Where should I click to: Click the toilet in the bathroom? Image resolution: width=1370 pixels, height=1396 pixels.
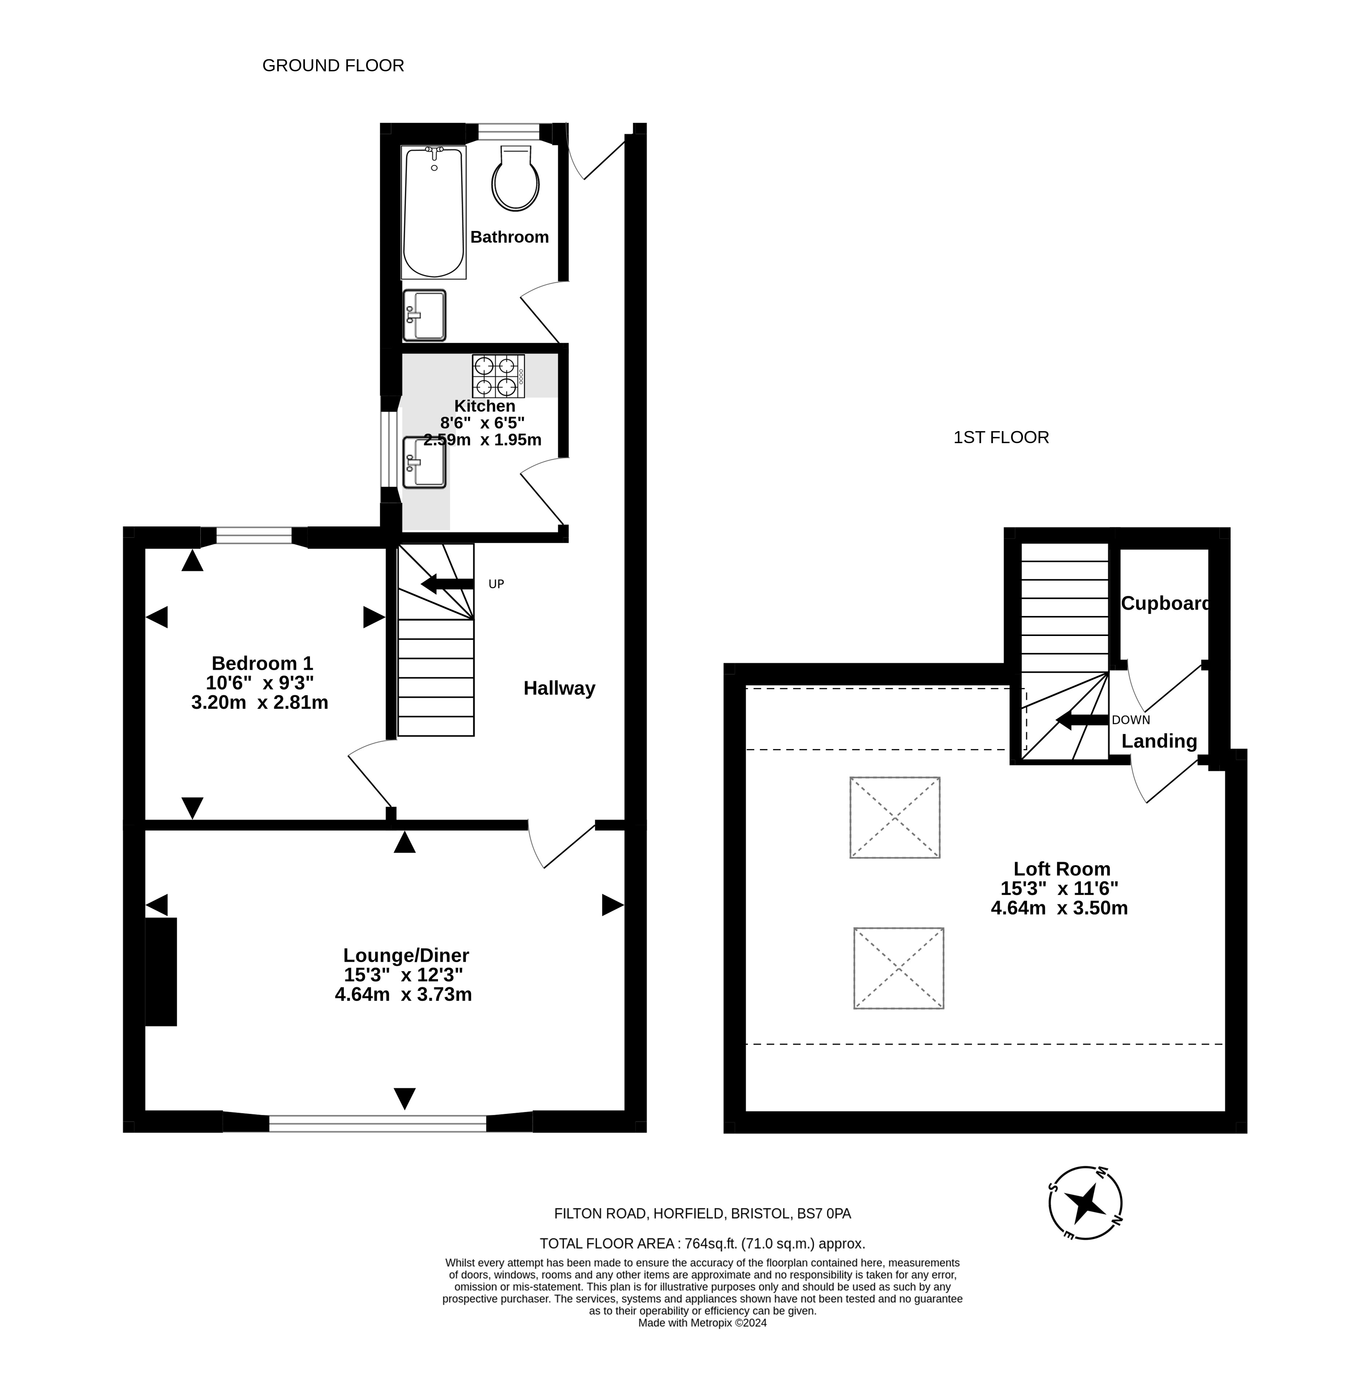click(x=516, y=179)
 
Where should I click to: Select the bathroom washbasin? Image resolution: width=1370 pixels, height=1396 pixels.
click(x=425, y=315)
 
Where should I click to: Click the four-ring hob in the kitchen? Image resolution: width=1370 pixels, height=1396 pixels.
click(x=498, y=375)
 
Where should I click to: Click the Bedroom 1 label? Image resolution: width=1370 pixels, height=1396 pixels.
click(x=262, y=663)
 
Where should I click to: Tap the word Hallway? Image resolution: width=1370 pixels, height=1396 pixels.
click(x=559, y=689)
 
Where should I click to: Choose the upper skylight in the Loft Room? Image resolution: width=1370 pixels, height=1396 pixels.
click(x=895, y=818)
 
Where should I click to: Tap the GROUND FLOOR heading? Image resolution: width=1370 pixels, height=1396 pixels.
click(x=333, y=65)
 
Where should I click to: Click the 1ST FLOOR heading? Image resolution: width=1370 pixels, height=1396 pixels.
click(x=1001, y=438)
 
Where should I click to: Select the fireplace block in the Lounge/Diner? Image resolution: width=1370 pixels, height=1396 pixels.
click(x=161, y=971)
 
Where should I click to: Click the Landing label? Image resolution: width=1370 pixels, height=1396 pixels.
click(x=1159, y=741)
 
